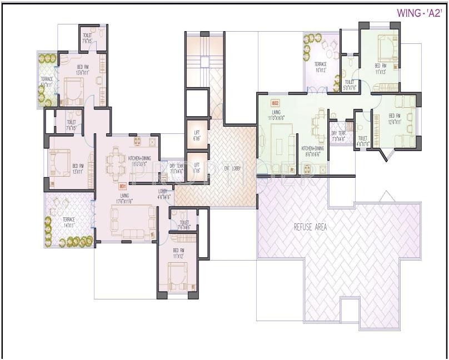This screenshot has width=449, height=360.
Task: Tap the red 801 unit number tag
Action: [x=123, y=187]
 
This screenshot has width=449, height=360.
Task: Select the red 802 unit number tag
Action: [x=275, y=103]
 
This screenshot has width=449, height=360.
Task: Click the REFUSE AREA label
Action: [x=310, y=227]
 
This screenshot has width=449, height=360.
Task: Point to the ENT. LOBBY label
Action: [x=233, y=168]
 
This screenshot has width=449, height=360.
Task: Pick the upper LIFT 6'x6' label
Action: [x=196, y=135]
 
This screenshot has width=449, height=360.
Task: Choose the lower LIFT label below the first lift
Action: [x=196, y=168]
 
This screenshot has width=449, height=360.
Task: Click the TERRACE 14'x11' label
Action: [x=69, y=222]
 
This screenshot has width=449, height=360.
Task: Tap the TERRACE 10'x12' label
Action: [x=321, y=67]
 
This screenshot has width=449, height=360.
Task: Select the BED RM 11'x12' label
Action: [x=178, y=254]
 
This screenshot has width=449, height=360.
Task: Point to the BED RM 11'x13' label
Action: [x=380, y=69]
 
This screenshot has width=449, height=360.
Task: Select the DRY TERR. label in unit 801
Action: [x=177, y=168]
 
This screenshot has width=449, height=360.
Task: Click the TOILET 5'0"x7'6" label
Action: [x=349, y=84]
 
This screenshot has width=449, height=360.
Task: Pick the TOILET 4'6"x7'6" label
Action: [x=363, y=141]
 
